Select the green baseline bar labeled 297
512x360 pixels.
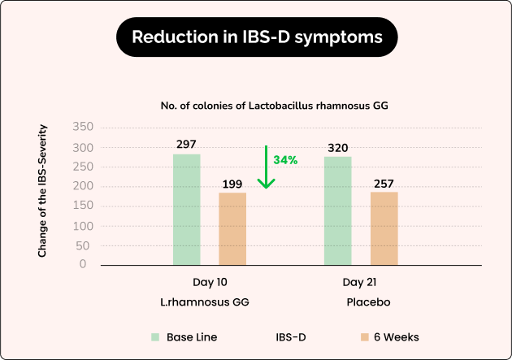pyautogui.click(x=186, y=209)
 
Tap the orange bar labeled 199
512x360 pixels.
pyautogui.click(x=232, y=228)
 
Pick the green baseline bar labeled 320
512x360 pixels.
pyautogui.click(x=337, y=210)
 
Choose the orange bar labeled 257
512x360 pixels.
pyautogui.click(x=384, y=228)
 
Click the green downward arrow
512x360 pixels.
pyautogui.click(x=265, y=167)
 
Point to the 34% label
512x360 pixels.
pyautogui.click(x=285, y=160)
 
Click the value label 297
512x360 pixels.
pyautogui.click(x=186, y=145)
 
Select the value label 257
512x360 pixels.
pyautogui.click(x=384, y=183)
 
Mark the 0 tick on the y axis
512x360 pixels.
pyautogui.click(x=83, y=264)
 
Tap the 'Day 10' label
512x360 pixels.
pyautogui.click(x=210, y=282)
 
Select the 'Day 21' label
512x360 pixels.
pyautogui.click(x=359, y=282)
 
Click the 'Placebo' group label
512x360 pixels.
pyautogui.click(x=367, y=301)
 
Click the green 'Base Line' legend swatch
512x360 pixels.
pyautogui.click(x=154, y=336)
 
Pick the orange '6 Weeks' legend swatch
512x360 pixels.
pyautogui.click(x=365, y=336)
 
